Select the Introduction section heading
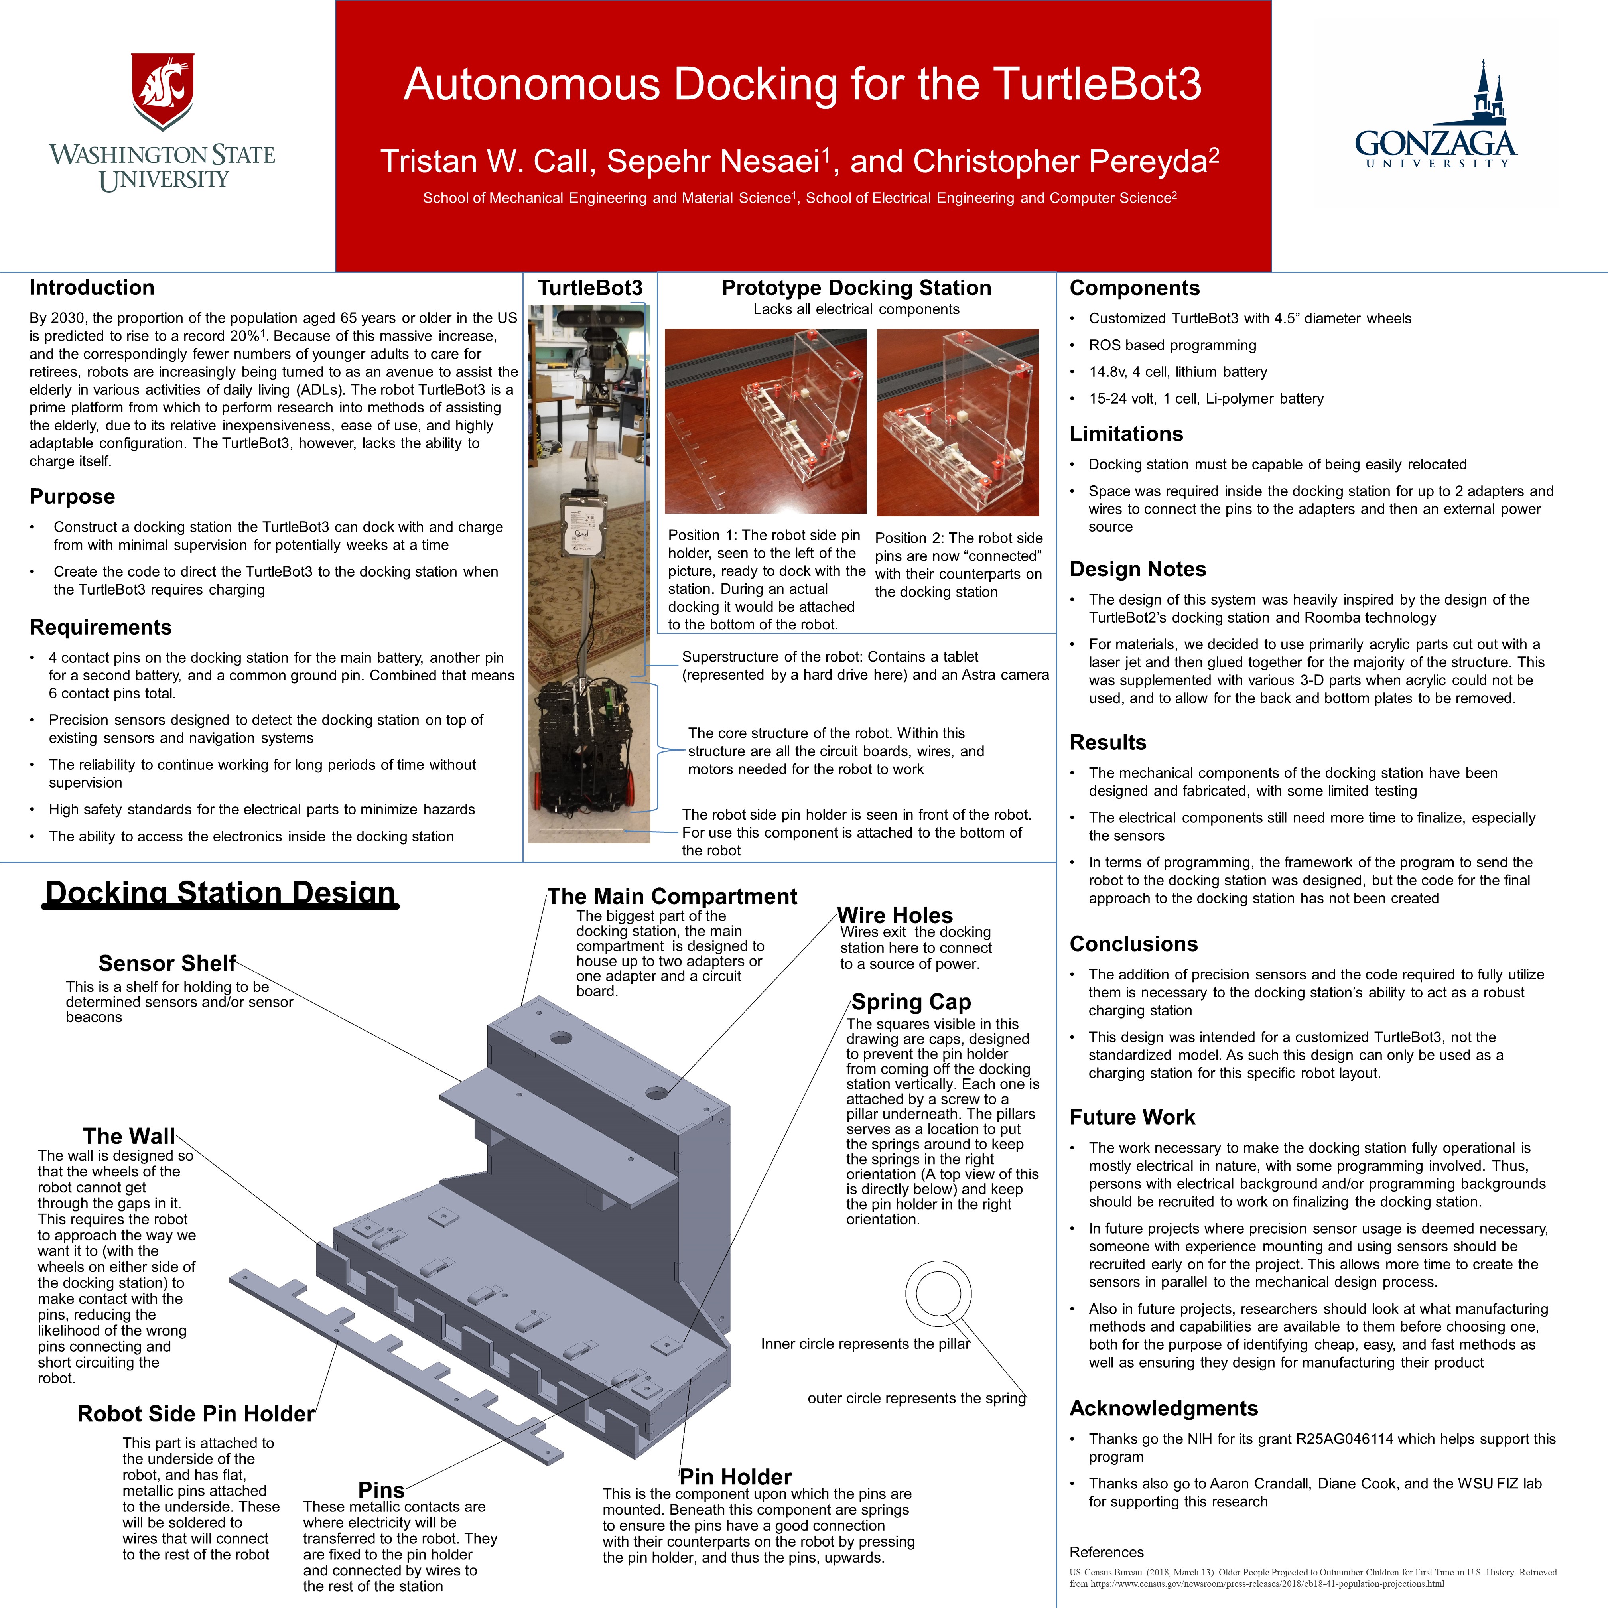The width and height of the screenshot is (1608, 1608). click(x=92, y=288)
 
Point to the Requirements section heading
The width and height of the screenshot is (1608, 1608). click(x=101, y=628)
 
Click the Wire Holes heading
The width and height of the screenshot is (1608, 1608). click(x=895, y=916)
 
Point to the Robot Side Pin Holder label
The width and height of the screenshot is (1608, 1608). click(x=195, y=1414)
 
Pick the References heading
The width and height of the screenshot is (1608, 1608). click(x=1106, y=1552)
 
